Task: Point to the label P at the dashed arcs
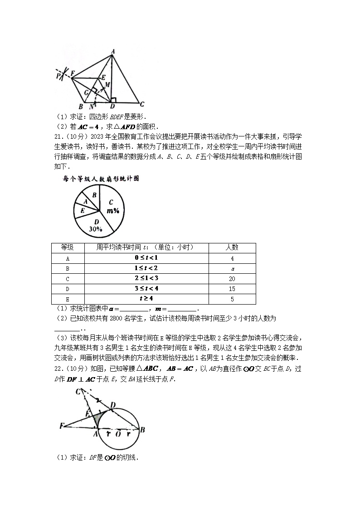click(x=58, y=76)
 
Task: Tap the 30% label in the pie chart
click(x=95, y=229)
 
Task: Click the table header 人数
click(x=232, y=247)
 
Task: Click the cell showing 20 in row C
click(x=232, y=279)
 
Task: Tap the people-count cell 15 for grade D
click(x=232, y=289)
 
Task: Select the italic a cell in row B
click(x=232, y=268)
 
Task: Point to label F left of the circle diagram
click(x=61, y=426)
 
